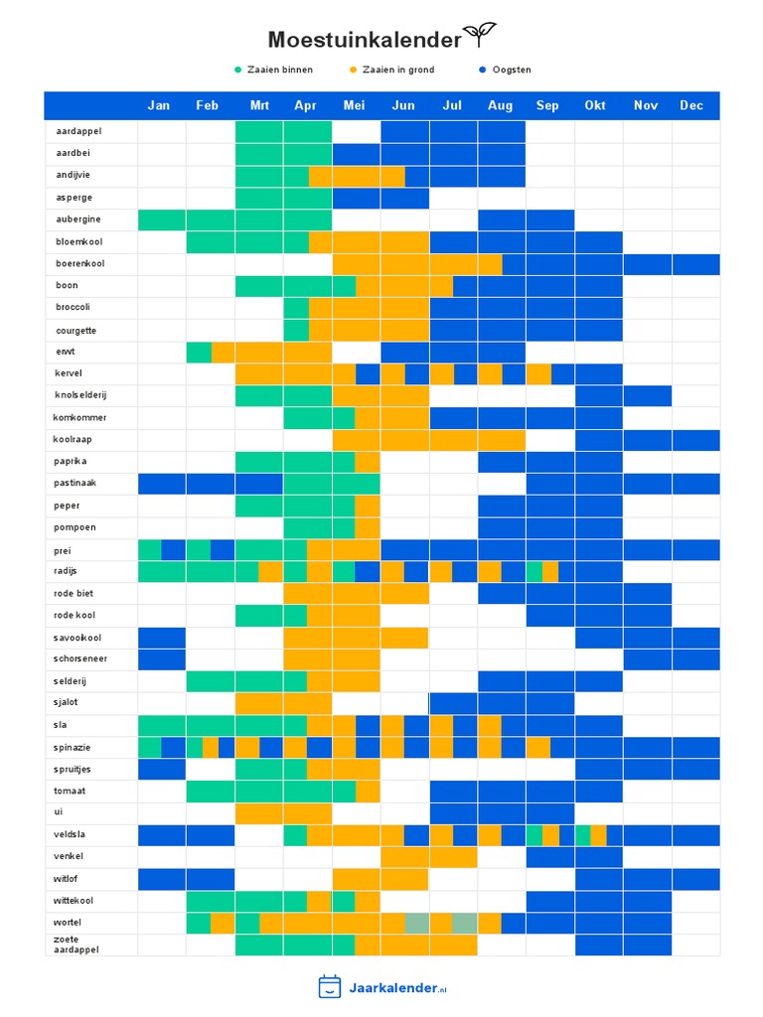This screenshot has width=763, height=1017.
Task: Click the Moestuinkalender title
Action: tap(365, 40)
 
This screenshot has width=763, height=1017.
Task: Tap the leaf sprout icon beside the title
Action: tap(480, 35)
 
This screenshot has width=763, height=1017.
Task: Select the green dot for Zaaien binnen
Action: tap(237, 70)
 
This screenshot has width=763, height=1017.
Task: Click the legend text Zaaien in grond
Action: tap(398, 70)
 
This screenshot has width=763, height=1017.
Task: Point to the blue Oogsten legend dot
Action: tap(482, 70)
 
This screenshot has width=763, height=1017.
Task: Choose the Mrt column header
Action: tap(259, 105)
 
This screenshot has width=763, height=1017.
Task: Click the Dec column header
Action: tap(691, 105)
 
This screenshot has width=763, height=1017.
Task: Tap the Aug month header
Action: tap(501, 105)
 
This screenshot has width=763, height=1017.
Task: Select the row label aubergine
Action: tap(77, 219)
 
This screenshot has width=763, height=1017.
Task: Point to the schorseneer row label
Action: tap(79, 658)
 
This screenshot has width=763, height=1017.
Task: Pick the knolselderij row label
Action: tap(80, 395)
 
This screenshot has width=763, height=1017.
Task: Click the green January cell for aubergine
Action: tap(162, 219)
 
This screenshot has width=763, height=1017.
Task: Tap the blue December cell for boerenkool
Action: tap(696, 264)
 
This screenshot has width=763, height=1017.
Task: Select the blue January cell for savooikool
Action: tap(162, 638)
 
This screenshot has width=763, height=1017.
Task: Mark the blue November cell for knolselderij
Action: tap(648, 395)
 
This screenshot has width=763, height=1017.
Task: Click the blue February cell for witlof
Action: tap(211, 879)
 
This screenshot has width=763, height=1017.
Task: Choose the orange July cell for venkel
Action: tap(453, 857)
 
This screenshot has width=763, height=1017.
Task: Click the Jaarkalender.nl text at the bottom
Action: tap(397, 988)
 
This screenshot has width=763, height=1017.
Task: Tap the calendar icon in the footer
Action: tap(330, 986)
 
